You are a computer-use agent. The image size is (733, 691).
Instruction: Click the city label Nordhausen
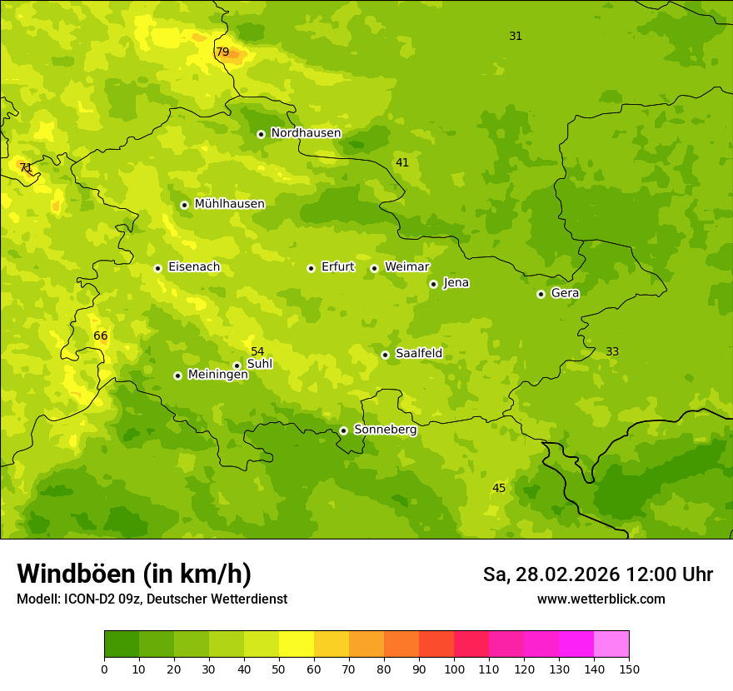tap(306, 133)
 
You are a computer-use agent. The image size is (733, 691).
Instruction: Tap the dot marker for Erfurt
tap(311, 268)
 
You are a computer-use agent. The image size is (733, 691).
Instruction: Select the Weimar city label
tap(406, 267)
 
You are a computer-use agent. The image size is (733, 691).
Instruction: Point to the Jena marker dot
tap(433, 284)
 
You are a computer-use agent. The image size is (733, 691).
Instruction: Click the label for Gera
tap(565, 293)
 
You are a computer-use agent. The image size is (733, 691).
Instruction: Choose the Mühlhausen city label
tap(229, 204)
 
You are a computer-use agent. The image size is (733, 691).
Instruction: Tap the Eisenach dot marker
tap(157, 268)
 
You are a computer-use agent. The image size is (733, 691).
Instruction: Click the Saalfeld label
tap(418, 354)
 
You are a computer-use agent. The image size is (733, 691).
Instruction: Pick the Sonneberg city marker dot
tap(343, 430)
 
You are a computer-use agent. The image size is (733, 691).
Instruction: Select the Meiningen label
tap(217, 375)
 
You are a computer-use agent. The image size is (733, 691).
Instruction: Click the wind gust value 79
tap(222, 52)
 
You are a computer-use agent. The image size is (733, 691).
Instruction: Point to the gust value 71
tap(26, 167)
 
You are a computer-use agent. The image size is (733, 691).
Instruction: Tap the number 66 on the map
tap(101, 336)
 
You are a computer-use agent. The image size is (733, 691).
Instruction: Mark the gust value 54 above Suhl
tap(257, 351)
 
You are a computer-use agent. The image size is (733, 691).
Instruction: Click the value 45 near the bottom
tap(499, 488)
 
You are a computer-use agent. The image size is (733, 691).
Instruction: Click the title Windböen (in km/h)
tap(134, 574)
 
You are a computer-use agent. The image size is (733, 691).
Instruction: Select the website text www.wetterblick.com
tap(601, 599)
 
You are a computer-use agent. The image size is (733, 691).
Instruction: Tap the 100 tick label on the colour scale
tap(454, 669)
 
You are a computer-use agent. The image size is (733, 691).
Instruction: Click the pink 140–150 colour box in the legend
tap(611, 644)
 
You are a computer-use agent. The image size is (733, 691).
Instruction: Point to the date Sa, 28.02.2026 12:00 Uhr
tap(597, 574)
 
